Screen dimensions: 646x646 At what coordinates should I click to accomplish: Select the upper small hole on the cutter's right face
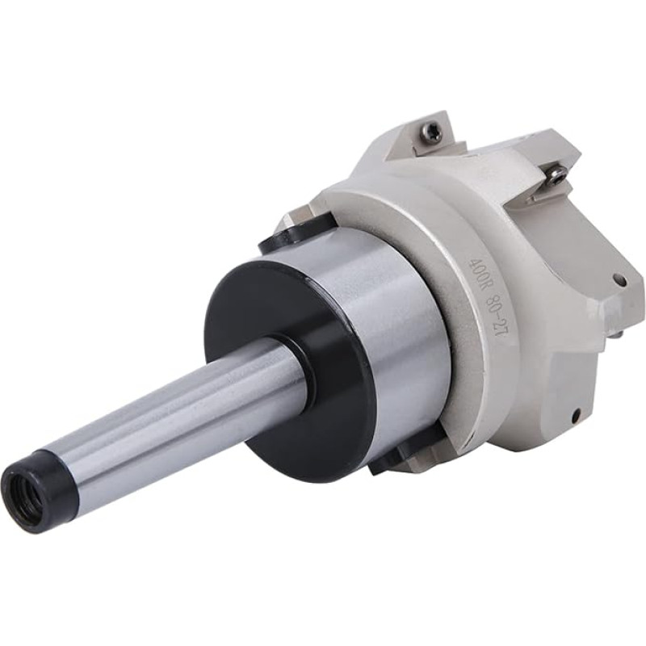click(619, 280)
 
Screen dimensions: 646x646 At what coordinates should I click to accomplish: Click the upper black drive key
click(283, 234)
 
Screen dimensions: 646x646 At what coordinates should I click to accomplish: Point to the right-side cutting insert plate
click(549, 182)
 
